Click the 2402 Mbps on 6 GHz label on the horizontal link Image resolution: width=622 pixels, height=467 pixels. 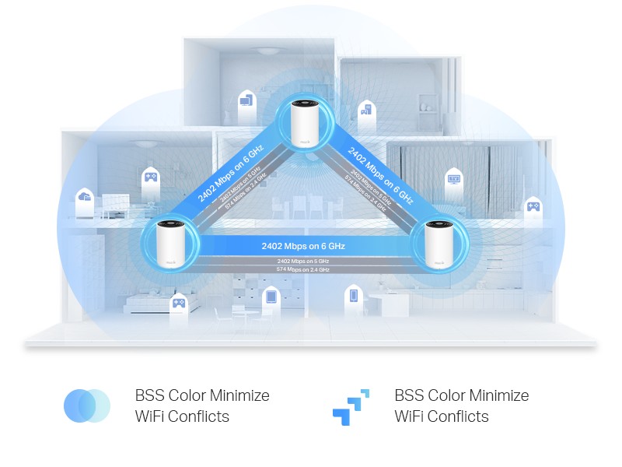pyautogui.click(x=302, y=246)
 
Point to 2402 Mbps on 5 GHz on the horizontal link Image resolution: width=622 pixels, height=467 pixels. pyautogui.click(x=302, y=261)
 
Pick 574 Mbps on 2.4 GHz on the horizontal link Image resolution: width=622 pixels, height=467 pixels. pyautogui.click(x=302, y=270)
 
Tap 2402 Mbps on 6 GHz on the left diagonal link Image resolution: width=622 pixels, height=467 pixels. pyautogui.click(x=231, y=175)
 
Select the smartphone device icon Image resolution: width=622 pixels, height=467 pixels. pyautogui.click(x=353, y=296)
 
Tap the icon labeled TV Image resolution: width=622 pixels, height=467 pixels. pyautogui.click(x=453, y=180)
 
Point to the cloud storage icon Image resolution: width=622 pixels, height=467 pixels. pyautogui.click(x=84, y=198)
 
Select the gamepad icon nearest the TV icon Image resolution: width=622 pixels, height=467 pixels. pyautogui.click(x=533, y=205)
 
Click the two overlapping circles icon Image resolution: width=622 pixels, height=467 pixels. pyautogui.click(x=87, y=406)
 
